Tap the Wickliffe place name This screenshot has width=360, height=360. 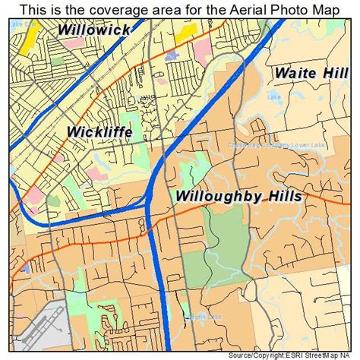[99, 132]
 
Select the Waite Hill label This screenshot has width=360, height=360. [311, 74]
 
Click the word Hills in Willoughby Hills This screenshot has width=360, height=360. [281, 197]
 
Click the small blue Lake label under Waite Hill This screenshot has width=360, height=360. [274, 96]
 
